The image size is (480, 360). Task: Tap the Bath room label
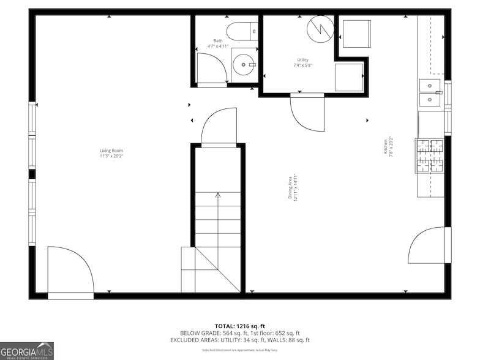point(218,41)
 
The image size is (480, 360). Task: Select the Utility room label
point(302,59)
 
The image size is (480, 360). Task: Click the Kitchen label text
point(385,147)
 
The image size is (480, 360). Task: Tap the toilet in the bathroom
point(242,30)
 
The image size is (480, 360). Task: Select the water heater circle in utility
point(319,27)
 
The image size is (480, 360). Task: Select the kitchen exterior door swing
point(427,245)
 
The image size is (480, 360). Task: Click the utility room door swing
point(307,113)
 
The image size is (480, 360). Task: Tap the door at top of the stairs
point(219,127)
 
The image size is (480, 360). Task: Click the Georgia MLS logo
point(27,350)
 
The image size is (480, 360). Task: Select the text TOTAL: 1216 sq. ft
point(239,326)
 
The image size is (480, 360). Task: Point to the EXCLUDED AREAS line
point(239,340)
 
